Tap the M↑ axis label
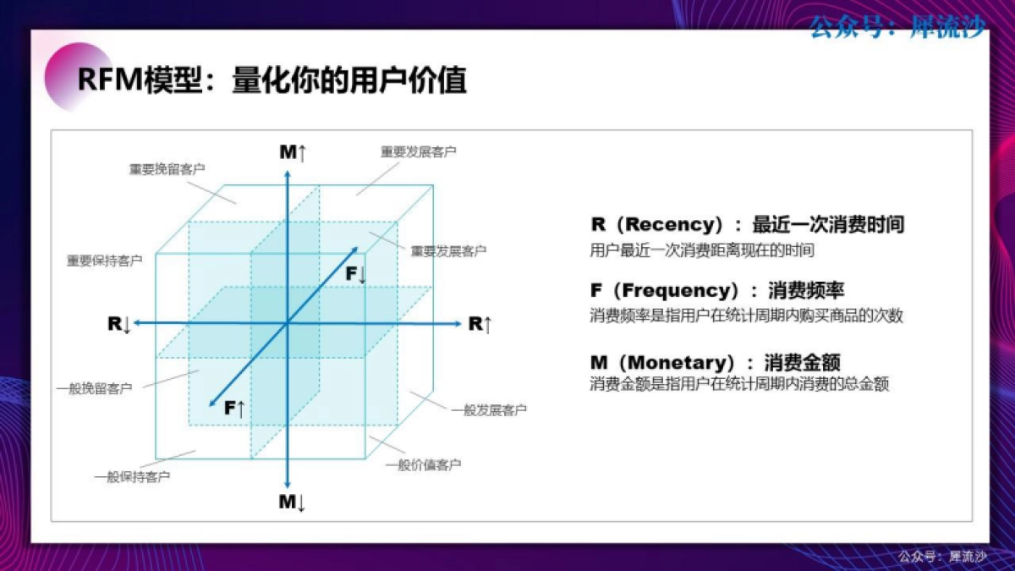coord(293,152)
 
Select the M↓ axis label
coord(292,502)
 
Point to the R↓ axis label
coord(118,324)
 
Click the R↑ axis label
coord(480,324)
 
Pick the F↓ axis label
coord(355,274)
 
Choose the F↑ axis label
coord(234,409)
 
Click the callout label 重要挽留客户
coord(167,169)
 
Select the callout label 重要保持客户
coord(104,261)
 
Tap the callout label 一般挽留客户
coord(94,389)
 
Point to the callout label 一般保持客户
coord(131,477)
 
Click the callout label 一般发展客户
coord(489,410)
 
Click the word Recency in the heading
coord(672,225)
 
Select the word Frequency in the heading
coord(680,291)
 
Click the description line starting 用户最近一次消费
coord(701,250)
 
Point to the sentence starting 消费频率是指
coord(746,316)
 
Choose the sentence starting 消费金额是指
coord(739,384)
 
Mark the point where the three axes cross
coord(288,323)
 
